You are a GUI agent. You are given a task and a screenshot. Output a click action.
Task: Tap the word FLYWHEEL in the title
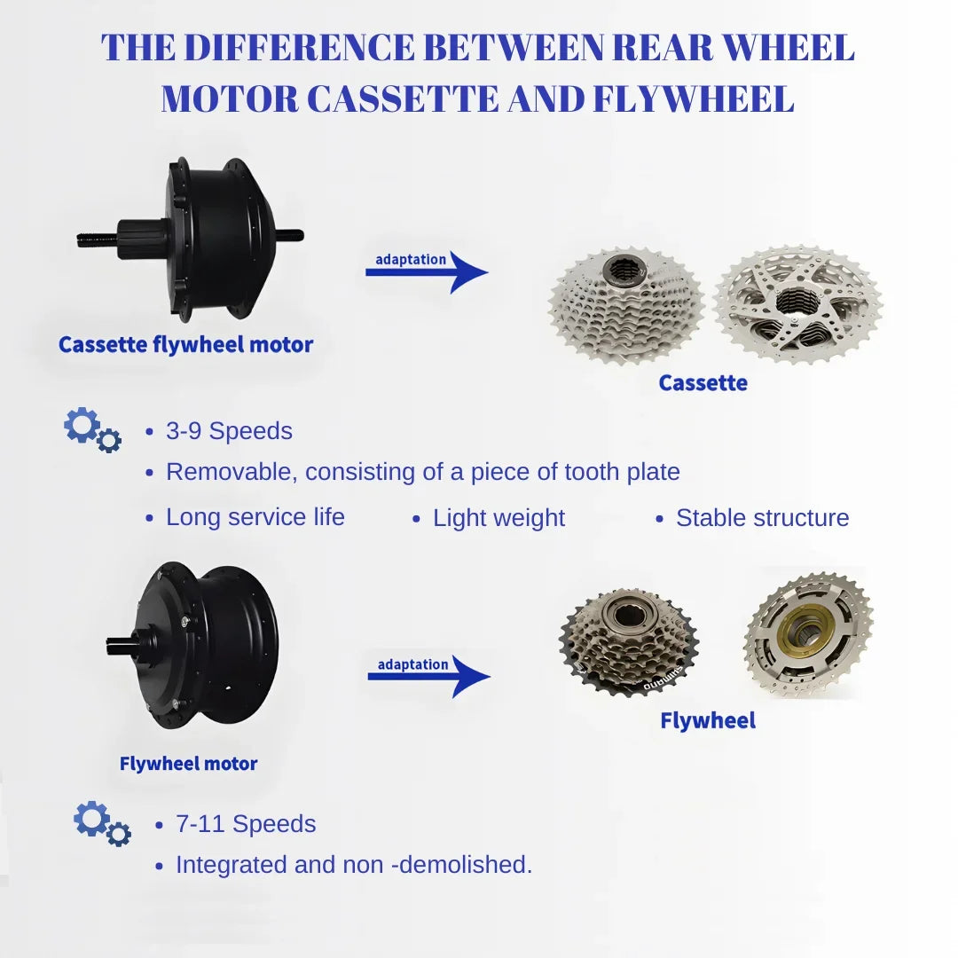coord(694,99)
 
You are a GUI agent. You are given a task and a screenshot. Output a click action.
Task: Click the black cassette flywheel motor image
coord(191,237)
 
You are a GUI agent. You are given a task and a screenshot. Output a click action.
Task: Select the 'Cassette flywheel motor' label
coord(185,344)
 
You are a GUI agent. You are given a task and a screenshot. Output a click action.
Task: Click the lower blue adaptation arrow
coord(429,676)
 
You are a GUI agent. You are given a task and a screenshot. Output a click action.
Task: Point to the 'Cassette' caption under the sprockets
coord(703,383)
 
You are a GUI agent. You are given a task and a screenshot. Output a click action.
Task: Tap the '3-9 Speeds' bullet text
coord(229,431)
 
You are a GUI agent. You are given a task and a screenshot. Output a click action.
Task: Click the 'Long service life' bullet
coord(255,517)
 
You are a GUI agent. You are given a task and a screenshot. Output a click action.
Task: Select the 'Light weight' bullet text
coord(499,519)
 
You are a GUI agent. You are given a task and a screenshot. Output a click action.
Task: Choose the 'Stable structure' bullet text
coord(763,518)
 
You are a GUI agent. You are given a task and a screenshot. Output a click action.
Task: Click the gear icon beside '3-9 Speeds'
coord(92,429)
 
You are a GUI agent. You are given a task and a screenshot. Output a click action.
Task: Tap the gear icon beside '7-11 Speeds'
coord(102,823)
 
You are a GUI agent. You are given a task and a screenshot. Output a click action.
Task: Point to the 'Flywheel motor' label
coord(188,764)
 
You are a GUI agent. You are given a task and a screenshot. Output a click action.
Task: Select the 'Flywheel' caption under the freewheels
coord(708,721)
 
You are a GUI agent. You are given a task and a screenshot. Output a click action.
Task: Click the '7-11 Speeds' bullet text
coord(246,824)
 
